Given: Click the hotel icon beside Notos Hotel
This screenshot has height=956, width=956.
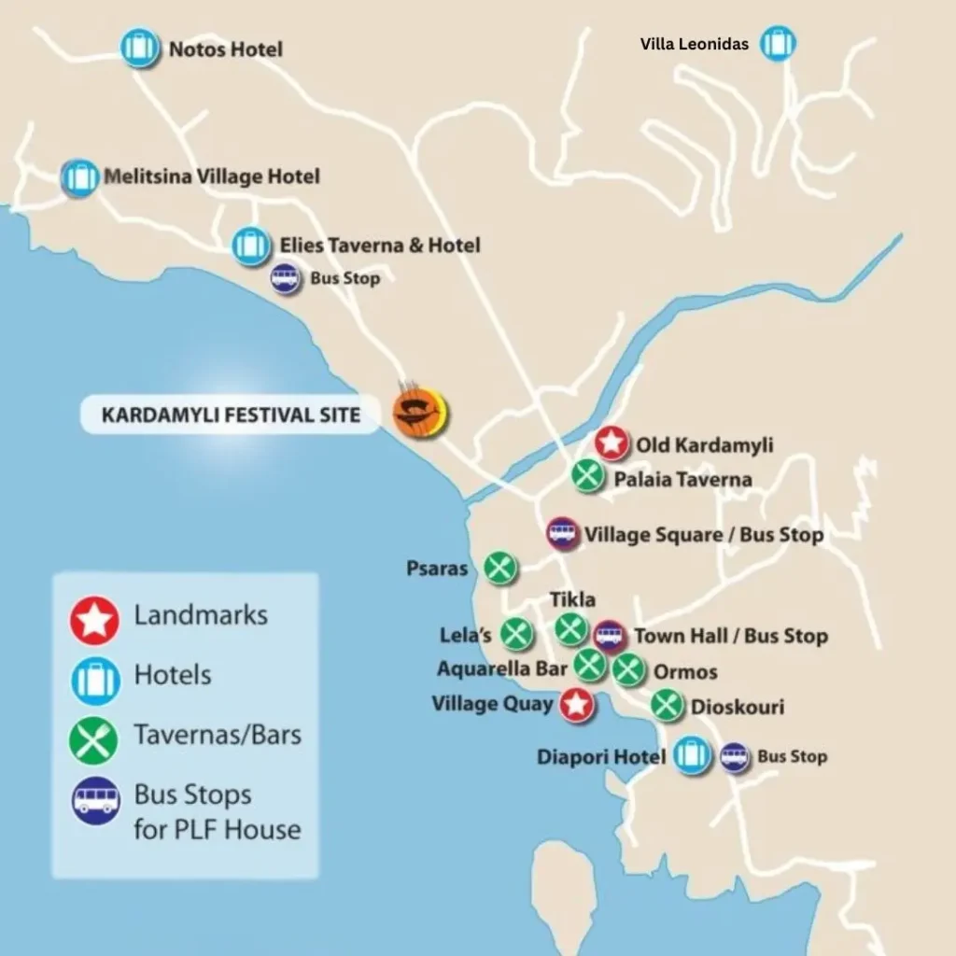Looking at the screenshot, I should [140, 48].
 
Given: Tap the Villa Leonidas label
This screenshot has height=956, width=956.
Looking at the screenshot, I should [694, 44].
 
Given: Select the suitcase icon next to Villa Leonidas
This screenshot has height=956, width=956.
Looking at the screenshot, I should [777, 44].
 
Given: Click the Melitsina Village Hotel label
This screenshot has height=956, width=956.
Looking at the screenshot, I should [212, 176].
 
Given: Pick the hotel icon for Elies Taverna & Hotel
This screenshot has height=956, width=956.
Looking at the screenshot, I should [249, 245].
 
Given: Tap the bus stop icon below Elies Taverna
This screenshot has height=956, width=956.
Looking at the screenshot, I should [285, 278].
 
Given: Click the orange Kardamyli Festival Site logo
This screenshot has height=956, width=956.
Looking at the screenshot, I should [420, 413].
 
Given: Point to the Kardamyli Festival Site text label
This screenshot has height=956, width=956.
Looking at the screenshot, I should [231, 415].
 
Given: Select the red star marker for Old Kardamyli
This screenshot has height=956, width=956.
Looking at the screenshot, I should [612, 443].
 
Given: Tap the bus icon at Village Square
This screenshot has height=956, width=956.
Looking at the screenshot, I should [562, 534].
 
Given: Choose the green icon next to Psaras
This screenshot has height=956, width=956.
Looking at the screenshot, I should [500, 567].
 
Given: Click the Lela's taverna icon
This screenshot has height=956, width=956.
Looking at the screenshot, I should [516, 634].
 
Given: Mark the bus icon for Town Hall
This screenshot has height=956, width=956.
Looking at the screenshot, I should [610, 636].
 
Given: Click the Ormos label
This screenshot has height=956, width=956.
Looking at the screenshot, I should [685, 672].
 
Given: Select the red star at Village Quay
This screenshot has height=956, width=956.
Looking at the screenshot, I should [577, 705].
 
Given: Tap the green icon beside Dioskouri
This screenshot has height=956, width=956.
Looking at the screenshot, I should [667, 705].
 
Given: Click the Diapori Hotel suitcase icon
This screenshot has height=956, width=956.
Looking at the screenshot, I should [692, 755].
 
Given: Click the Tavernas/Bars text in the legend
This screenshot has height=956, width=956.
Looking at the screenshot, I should [218, 735].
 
